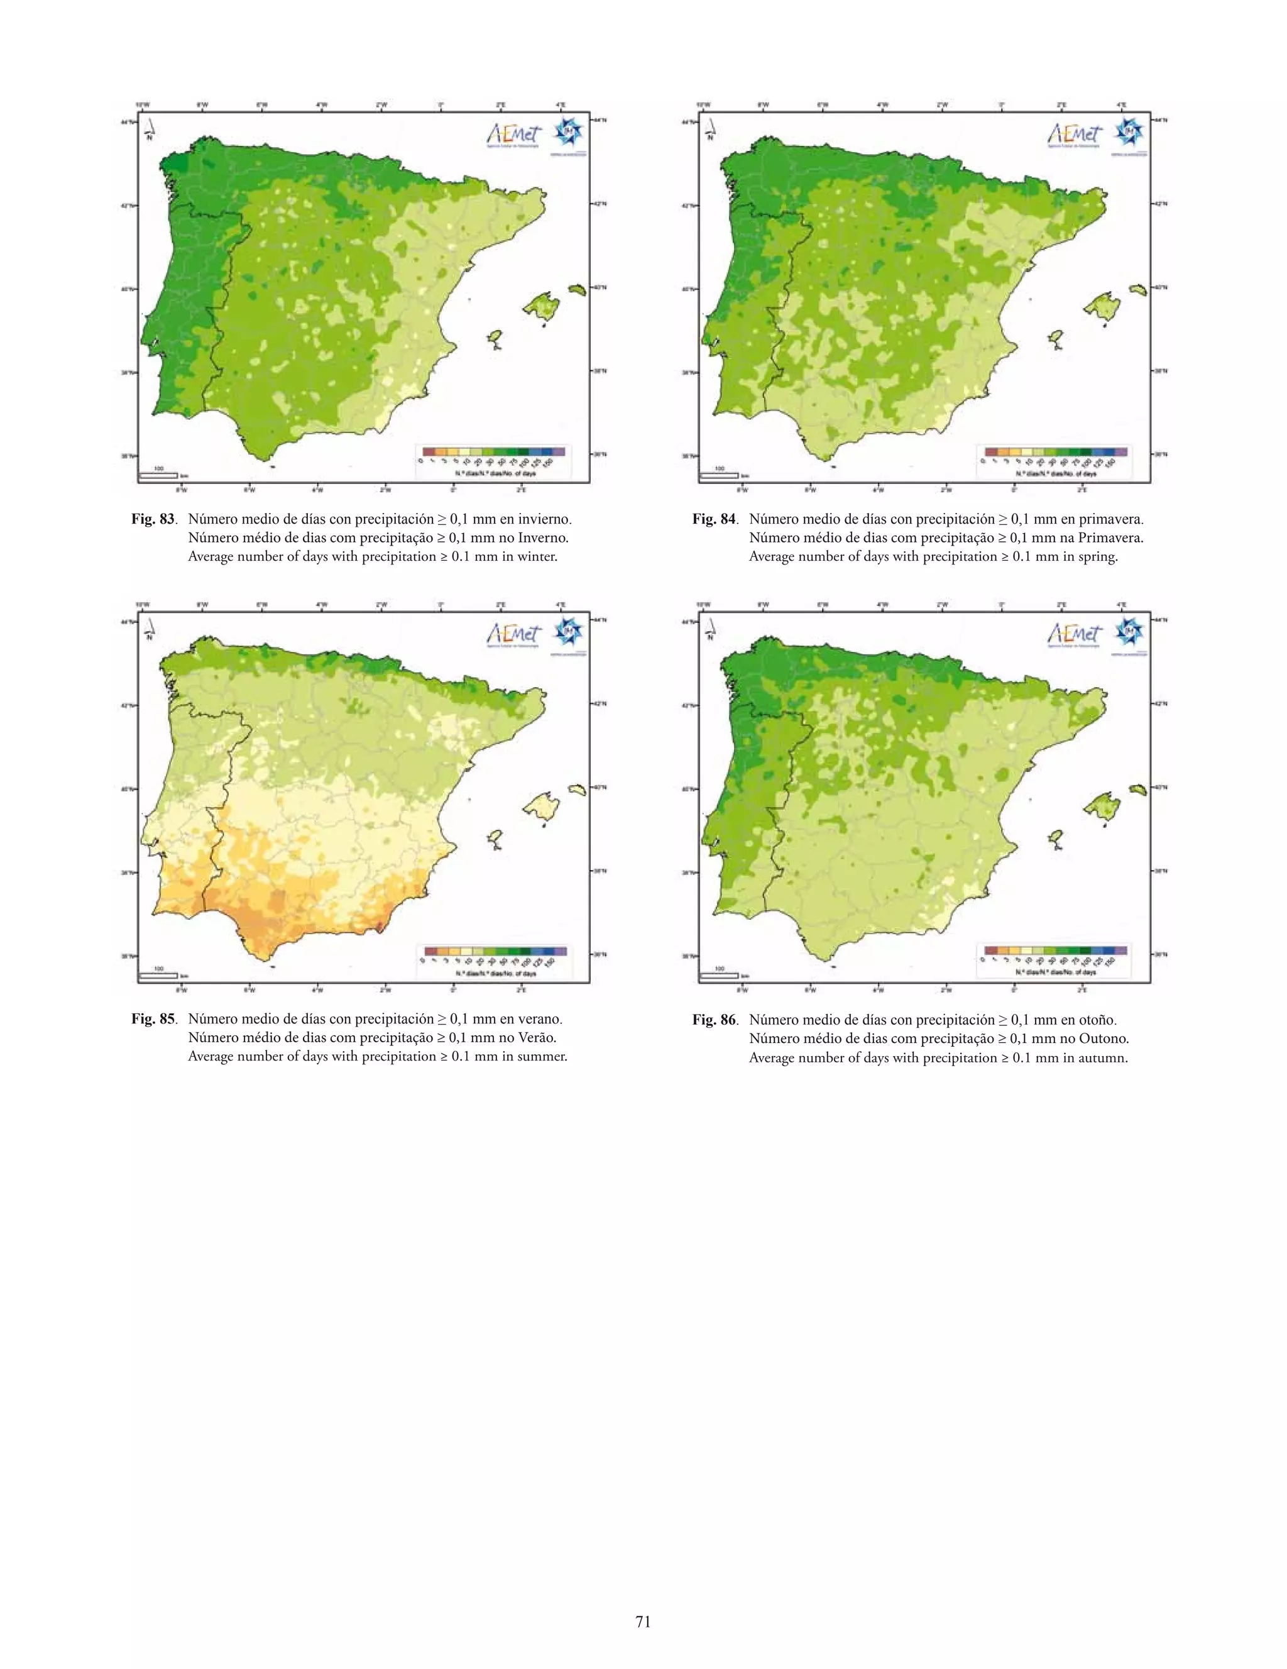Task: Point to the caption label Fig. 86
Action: pos(714,1020)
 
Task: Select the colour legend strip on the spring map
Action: pos(1056,453)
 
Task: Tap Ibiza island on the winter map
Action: pos(495,339)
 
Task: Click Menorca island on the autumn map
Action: pos(1138,790)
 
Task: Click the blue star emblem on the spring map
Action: pos(1128,133)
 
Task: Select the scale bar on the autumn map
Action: pos(719,975)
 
